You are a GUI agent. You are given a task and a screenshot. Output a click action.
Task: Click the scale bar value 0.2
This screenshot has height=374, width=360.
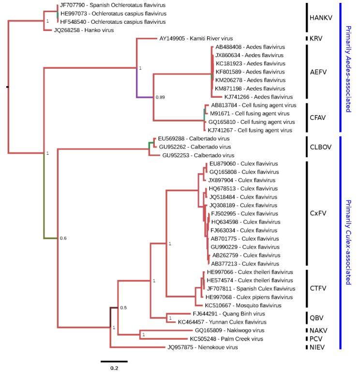(114, 368)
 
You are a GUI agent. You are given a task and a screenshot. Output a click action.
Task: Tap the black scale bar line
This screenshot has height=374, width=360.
(114, 361)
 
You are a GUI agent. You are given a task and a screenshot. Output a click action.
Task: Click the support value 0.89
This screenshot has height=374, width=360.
(161, 97)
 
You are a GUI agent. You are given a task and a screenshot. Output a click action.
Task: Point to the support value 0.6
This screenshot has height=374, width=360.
(63, 239)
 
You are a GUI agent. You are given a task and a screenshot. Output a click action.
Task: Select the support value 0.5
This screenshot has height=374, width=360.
(123, 308)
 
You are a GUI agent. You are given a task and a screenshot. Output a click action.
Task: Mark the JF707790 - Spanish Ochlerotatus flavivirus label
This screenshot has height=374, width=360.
(113, 5)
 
